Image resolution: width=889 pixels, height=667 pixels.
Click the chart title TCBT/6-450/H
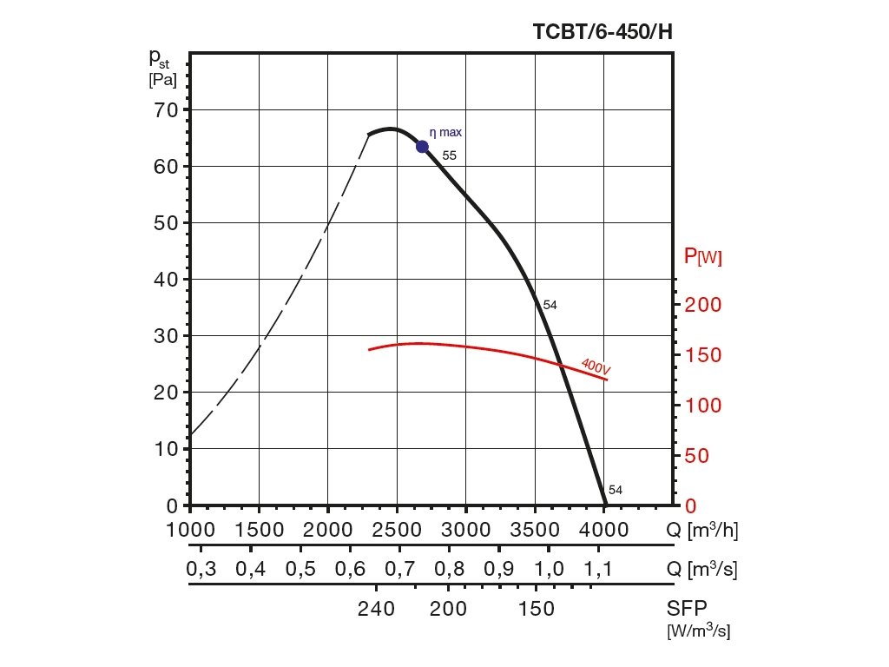click(x=603, y=32)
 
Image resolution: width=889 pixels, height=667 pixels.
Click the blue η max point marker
click(x=423, y=146)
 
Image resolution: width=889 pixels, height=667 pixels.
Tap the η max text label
click(x=446, y=133)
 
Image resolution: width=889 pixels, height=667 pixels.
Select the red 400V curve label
click(x=596, y=366)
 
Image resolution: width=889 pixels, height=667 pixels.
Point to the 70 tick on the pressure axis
click(x=166, y=109)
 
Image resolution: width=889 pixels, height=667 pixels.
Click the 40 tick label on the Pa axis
click(x=166, y=279)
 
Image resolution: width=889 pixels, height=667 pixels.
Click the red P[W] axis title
click(x=703, y=256)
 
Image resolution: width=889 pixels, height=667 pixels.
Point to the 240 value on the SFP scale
click(x=377, y=610)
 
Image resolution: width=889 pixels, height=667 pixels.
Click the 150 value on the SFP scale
click(x=537, y=610)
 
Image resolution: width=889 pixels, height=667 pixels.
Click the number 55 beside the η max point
click(x=449, y=155)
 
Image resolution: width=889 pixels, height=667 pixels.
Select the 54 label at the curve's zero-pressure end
click(x=616, y=490)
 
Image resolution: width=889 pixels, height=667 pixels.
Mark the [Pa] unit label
click(x=162, y=80)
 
